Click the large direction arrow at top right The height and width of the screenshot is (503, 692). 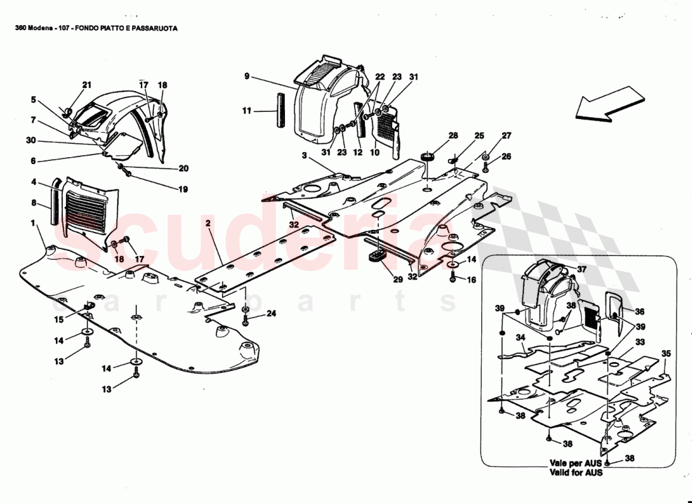(609, 104)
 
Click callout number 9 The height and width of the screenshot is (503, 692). (247, 77)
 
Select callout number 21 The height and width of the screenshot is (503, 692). (87, 85)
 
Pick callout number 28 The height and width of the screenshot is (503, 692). (453, 136)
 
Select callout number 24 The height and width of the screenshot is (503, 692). (271, 313)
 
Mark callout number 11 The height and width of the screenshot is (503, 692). (246, 111)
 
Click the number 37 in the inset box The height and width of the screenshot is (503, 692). (581, 269)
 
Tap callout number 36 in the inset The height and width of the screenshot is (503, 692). (639, 311)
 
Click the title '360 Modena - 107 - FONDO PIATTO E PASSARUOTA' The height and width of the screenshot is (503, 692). (96, 29)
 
